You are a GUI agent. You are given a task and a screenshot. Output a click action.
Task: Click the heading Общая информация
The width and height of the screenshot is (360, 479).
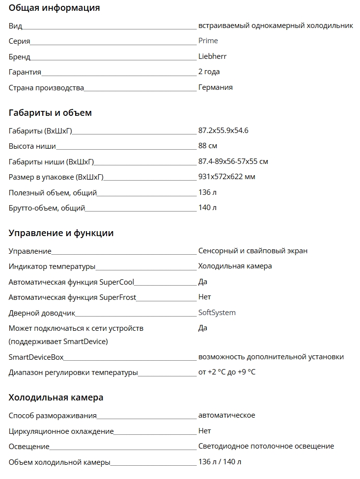coord(54,8)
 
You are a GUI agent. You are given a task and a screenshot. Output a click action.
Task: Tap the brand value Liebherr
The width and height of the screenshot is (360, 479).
coord(212,56)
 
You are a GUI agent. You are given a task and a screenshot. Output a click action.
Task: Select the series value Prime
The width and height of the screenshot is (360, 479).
coord(208,41)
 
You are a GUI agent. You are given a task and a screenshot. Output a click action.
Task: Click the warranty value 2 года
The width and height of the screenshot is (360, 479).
coord(209,72)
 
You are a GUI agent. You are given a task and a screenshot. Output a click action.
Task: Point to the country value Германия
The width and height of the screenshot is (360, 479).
coord(215,87)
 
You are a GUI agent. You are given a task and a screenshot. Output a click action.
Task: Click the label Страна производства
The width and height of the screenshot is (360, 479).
coord(46,88)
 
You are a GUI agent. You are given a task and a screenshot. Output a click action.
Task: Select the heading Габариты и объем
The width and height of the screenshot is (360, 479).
coord(50,113)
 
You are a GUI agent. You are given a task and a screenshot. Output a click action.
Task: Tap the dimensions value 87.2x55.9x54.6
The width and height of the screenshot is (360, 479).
coord(223,131)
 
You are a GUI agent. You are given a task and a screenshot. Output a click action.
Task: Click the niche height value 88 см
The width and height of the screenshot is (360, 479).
coord(207,146)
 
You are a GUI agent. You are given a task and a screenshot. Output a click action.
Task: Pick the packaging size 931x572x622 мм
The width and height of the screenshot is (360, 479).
coord(226,177)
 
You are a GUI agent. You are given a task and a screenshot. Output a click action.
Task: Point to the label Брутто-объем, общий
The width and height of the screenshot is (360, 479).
coord(47,208)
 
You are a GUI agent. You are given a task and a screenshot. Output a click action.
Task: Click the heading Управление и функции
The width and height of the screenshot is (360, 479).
coord(61,233)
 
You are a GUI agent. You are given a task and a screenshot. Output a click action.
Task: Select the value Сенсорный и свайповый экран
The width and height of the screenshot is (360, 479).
coord(252,251)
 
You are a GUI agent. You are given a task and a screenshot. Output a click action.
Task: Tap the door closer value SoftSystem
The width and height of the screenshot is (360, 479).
coord(217,313)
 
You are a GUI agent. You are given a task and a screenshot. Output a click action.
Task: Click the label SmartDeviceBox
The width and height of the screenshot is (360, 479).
coord(36,357)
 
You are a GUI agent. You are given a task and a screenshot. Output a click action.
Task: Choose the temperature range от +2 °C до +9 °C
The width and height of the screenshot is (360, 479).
coord(226,372)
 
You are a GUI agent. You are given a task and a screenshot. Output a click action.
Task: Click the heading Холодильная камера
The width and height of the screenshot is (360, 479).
coord(56,398)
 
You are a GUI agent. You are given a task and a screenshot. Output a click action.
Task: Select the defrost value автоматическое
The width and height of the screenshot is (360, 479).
coord(226,415)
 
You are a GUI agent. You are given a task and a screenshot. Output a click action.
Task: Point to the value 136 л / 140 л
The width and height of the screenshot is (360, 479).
coord(220,462)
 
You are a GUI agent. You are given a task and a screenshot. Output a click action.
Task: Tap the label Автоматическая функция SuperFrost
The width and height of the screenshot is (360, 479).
coord(72,297)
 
